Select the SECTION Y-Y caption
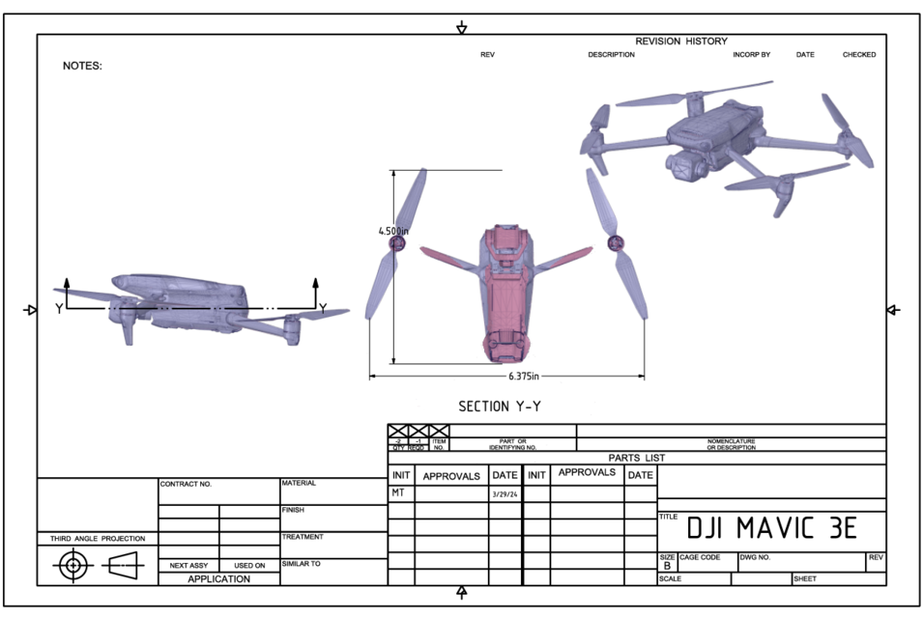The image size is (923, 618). click(x=499, y=407)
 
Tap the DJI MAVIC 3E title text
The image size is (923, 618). click(x=771, y=528)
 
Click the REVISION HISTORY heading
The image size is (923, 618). click(x=680, y=42)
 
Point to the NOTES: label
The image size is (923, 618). click(x=82, y=67)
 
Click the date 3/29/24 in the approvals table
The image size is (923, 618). click(x=504, y=493)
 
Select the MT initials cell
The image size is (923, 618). click(x=398, y=493)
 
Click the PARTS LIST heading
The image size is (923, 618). click(x=636, y=458)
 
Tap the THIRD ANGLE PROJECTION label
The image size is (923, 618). click(x=98, y=538)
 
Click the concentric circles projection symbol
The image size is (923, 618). click(x=72, y=565)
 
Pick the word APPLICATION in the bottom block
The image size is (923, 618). click(x=218, y=578)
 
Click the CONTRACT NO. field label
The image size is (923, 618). click(x=185, y=484)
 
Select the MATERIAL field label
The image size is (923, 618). click(x=300, y=483)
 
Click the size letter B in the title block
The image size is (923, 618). click(x=667, y=566)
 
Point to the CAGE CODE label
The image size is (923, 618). click(x=700, y=557)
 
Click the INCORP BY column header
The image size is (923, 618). click(x=751, y=55)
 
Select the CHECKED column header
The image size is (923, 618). click(x=859, y=55)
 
